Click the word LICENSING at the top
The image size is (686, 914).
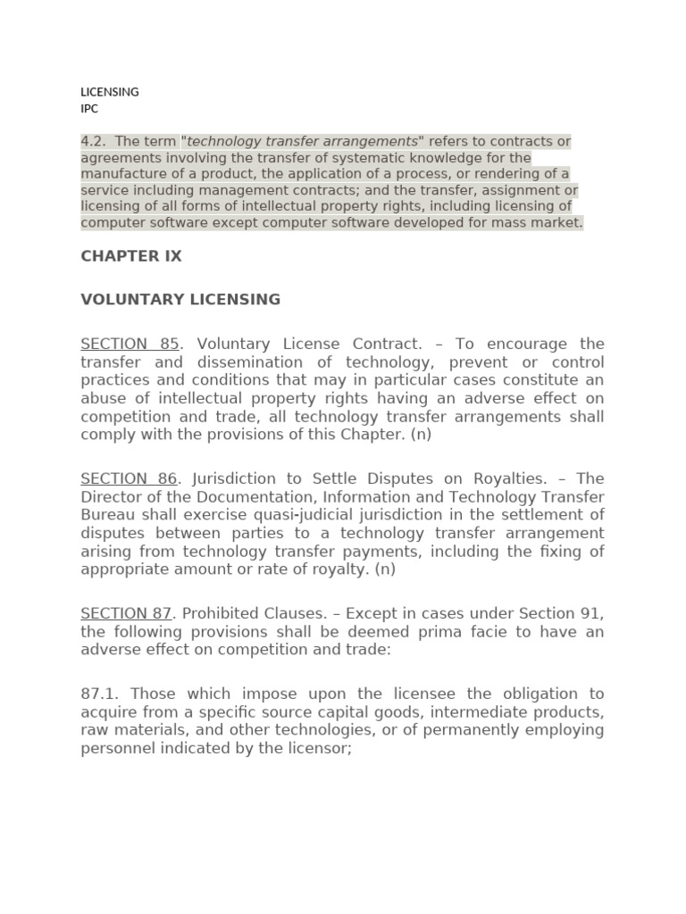point(110,92)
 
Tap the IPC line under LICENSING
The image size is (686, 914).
point(89,109)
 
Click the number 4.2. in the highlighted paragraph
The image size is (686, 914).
point(95,142)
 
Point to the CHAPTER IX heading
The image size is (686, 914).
point(131,256)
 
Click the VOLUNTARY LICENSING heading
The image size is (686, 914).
point(180,300)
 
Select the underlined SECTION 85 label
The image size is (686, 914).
point(130,345)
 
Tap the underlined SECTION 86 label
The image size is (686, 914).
point(130,479)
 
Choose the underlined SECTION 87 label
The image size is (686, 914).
point(126,614)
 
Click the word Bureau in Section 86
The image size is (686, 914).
point(108,515)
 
